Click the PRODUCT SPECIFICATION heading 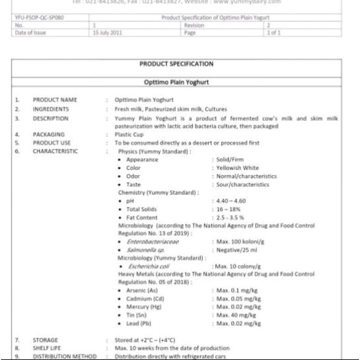pyautogui.click(x=176, y=64)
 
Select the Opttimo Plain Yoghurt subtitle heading pyautogui.click(x=176, y=82)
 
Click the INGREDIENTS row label pyautogui.click(x=51, y=109)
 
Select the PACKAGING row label pyautogui.click(x=48, y=134)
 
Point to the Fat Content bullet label pyautogui.click(x=142, y=218)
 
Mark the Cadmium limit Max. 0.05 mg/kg pyautogui.click(x=239, y=299)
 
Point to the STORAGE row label pyautogui.click(x=45, y=340)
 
